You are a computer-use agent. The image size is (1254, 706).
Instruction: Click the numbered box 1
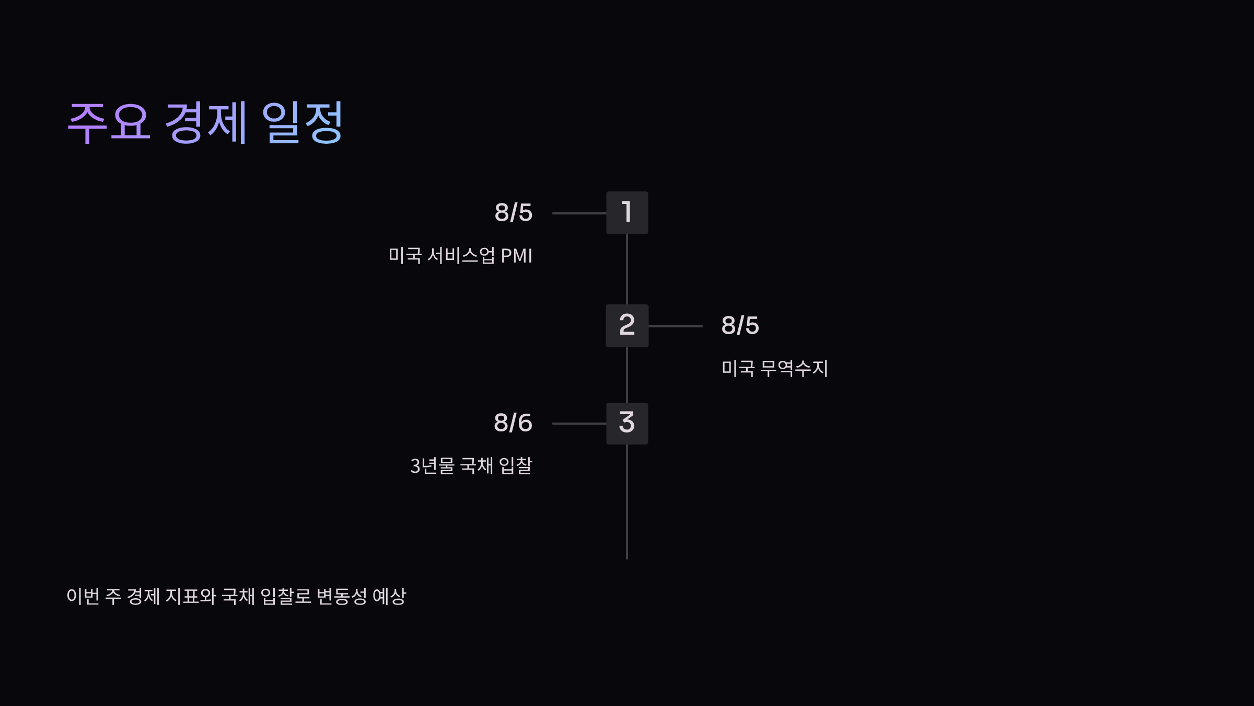[627, 212]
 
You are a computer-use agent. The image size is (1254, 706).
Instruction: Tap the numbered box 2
[627, 325]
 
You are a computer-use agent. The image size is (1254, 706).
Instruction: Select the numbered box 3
[627, 423]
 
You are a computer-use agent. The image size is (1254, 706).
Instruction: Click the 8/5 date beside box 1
[513, 213]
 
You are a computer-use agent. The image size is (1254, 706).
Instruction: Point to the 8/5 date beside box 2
[740, 325]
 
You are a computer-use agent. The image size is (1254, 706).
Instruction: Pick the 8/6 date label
[513, 423]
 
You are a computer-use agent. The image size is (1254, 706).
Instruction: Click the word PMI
[516, 256]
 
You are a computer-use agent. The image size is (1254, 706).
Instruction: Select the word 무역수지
[794, 368]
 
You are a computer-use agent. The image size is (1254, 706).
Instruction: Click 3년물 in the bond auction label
[432, 466]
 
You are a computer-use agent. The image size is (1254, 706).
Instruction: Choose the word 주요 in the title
[109, 123]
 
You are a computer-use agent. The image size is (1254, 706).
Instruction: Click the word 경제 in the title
[205, 123]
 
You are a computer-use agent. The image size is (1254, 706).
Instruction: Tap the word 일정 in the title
[302, 123]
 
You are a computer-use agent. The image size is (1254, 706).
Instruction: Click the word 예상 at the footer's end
[389, 596]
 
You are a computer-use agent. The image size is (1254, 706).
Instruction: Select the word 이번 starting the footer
[83, 596]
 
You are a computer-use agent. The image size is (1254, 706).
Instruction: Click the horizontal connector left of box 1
[579, 213]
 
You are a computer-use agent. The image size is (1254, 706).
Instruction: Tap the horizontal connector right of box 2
[675, 326]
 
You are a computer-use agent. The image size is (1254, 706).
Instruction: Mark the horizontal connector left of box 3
[579, 424]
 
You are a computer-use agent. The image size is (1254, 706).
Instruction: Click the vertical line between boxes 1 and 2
[627, 269]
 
